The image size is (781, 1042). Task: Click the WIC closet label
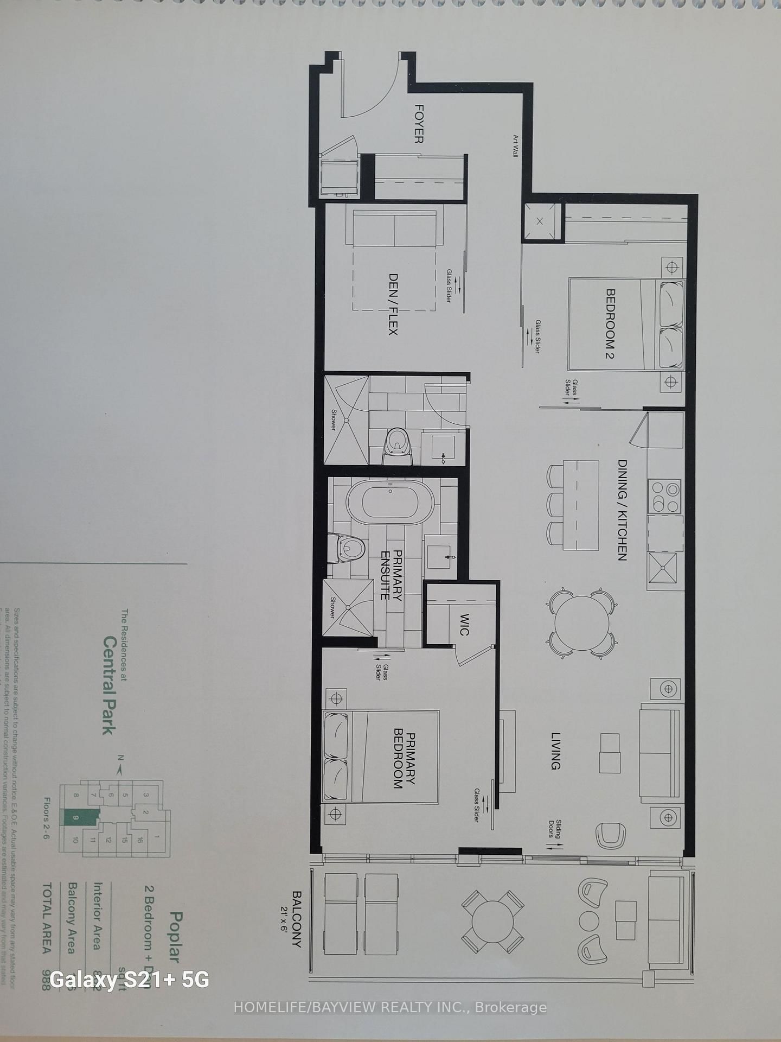(x=464, y=624)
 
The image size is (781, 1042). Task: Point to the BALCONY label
(x=297, y=918)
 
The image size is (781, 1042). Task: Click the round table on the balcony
(x=493, y=921)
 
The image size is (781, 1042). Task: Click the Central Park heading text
(x=110, y=685)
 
